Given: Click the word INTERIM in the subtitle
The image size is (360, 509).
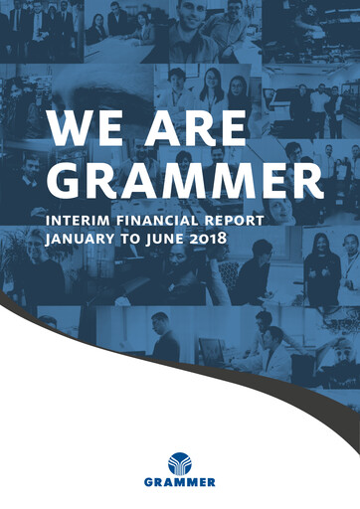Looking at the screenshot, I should click(x=86, y=220).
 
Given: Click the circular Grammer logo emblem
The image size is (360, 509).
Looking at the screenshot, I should click(x=181, y=463).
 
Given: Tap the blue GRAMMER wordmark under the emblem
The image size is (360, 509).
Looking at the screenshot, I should click(x=180, y=484).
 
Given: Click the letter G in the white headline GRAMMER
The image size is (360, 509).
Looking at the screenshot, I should click(x=71, y=182).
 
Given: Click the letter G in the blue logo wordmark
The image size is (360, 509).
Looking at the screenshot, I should click(x=148, y=484).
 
